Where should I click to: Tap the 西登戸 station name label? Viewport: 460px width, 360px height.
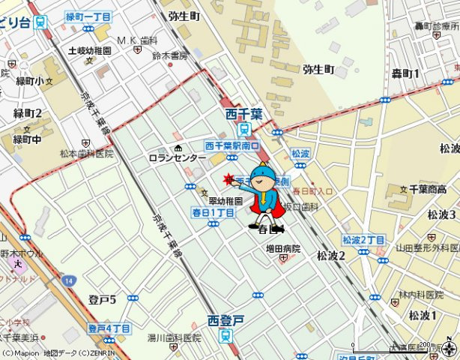tap(226, 320)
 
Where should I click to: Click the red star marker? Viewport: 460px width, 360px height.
tap(229, 178)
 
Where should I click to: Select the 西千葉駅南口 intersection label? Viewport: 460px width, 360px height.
tap(231, 146)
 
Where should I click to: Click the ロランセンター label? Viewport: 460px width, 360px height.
tap(177, 158)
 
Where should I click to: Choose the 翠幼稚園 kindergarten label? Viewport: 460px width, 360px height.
tap(226, 202)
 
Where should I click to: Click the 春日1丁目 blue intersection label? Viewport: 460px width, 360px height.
tap(214, 213)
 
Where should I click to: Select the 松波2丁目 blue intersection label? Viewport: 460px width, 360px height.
tap(363, 239)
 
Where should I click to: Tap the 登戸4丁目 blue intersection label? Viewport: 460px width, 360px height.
tap(109, 328)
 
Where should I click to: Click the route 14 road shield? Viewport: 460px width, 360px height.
tap(68, 280)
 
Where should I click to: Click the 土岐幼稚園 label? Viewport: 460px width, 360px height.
tap(89, 50)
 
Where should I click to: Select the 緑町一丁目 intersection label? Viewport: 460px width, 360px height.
tap(88, 16)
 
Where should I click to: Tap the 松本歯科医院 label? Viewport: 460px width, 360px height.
tap(87, 153)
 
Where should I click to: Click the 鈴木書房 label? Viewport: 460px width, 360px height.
tap(169, 55)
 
